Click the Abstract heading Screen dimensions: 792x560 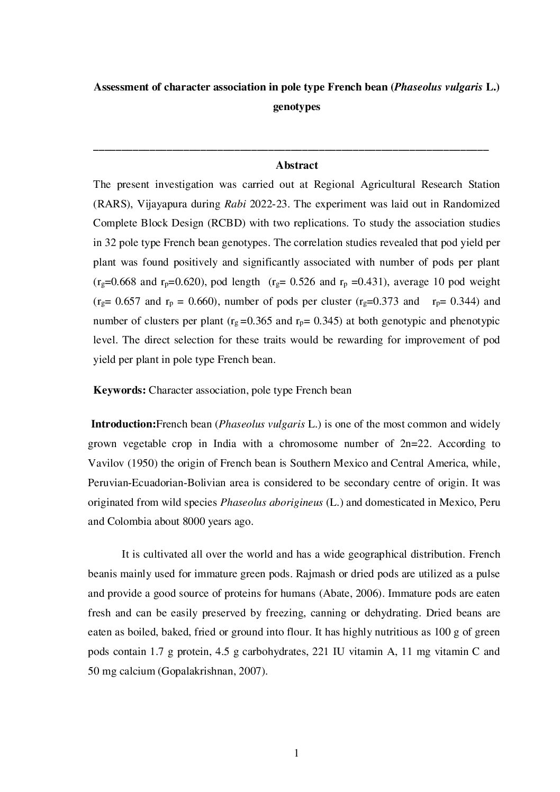tap(296, 166)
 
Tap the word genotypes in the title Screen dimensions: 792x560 tap(296, 107)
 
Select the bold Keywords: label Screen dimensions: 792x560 tap(120, 390)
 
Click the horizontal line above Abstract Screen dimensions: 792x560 tap(291, 150)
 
